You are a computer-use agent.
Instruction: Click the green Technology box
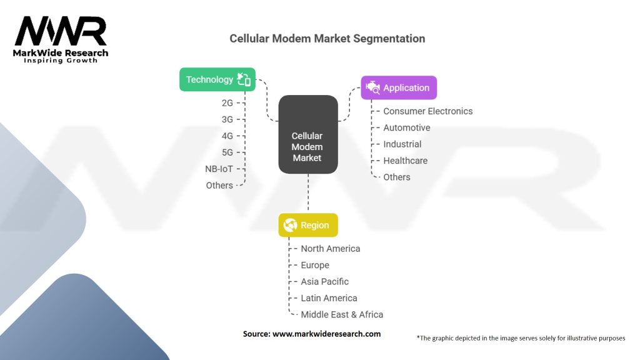217,79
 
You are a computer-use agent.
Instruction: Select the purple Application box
399,88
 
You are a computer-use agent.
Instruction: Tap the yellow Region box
308,226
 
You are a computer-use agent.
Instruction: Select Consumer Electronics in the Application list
427,111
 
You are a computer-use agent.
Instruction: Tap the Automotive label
406,127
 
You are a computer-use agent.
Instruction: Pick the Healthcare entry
405,161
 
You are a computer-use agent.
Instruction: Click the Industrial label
402,144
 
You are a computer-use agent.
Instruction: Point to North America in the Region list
330,249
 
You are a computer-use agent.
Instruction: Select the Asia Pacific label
324,282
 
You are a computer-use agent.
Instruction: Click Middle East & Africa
342,315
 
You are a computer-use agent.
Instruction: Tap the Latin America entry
329,298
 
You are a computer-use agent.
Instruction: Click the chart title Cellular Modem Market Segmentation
327,39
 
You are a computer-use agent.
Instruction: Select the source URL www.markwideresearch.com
326,334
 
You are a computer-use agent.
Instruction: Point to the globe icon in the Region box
290,226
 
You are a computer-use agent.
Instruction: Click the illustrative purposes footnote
521,338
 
